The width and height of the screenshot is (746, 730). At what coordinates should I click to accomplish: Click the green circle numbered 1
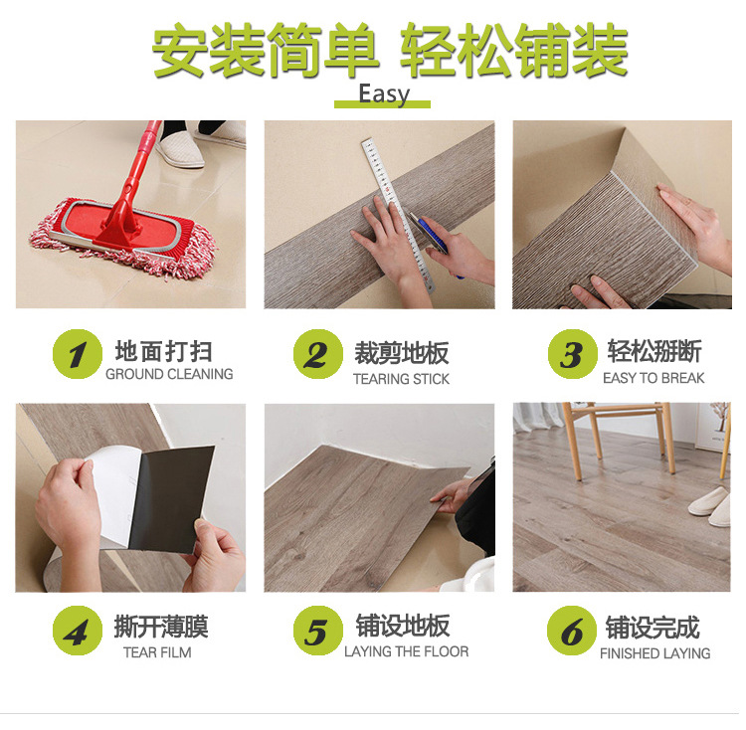(x=77, y=354)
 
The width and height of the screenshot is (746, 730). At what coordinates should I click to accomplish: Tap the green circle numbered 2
(x=318, y=354)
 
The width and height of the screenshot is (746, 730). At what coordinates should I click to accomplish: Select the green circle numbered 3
(x=572, y=354)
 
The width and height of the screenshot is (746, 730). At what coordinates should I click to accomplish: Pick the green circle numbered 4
(x=77, y=631)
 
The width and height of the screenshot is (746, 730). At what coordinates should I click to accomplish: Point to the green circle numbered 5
(x=318, y=631)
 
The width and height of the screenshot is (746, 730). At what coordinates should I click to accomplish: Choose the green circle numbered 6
(x=571, y=631)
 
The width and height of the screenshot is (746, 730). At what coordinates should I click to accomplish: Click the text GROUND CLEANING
(x=169, y=374)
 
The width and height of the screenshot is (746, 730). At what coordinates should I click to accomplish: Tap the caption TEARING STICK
(x=401, y=379)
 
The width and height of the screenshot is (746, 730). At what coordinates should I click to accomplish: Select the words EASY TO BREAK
(x=653, y=378)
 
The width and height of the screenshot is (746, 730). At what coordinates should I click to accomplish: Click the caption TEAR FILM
(x=157, y=652)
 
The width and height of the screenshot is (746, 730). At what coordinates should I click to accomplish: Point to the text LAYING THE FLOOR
(x=406, y=651)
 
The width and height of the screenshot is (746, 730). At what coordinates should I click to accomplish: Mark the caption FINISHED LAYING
(x=655, y=653)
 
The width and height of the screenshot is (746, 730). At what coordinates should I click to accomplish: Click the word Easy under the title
(x=384, y=93)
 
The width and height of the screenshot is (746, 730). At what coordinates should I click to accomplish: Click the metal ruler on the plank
(x=399, y=215)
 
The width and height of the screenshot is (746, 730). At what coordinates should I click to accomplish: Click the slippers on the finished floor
(x=710, y=506)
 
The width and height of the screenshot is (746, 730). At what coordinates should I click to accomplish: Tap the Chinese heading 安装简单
(x=265, y=50)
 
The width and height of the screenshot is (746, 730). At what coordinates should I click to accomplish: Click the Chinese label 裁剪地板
(x=402, y=353)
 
